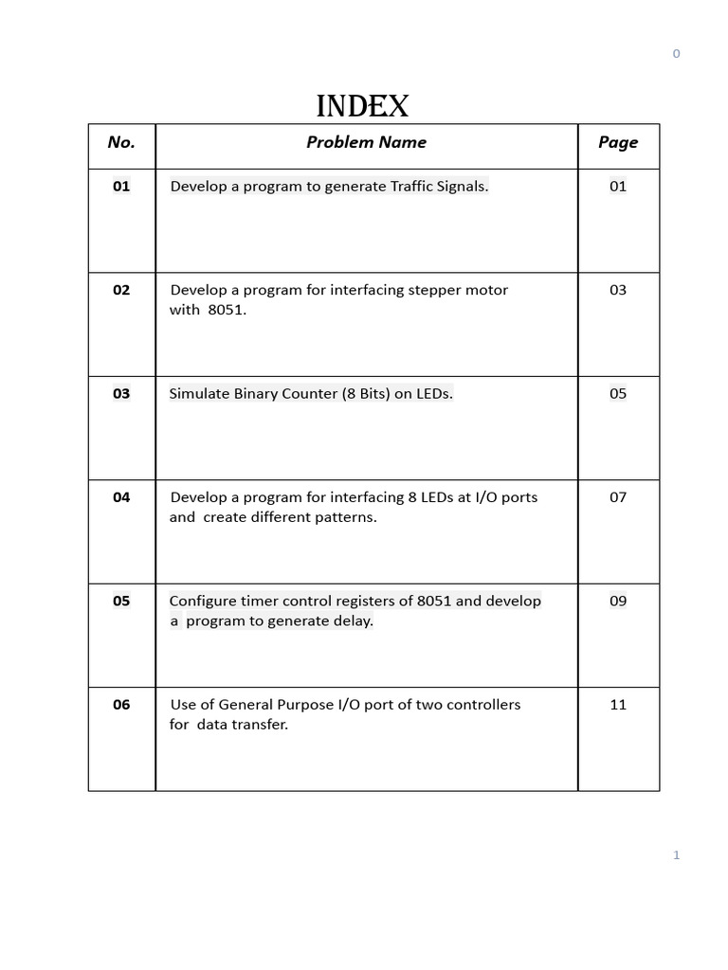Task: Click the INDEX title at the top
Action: (362, 106)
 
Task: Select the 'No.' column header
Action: (121, 142)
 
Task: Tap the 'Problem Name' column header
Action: (366, 142)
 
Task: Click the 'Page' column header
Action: (618, 142)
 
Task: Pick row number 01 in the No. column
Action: (121, 187)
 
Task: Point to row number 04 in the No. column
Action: (121, 497)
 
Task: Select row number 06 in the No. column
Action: (121, 705)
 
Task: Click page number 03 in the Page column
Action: (618, 290)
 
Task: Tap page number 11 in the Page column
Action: (618, 705)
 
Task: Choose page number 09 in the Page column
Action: (618, 601)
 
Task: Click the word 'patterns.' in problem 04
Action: (345, 517)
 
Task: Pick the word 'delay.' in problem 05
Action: (351, 621)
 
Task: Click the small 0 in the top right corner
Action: (676, 54)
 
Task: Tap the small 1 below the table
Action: (676, 855)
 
